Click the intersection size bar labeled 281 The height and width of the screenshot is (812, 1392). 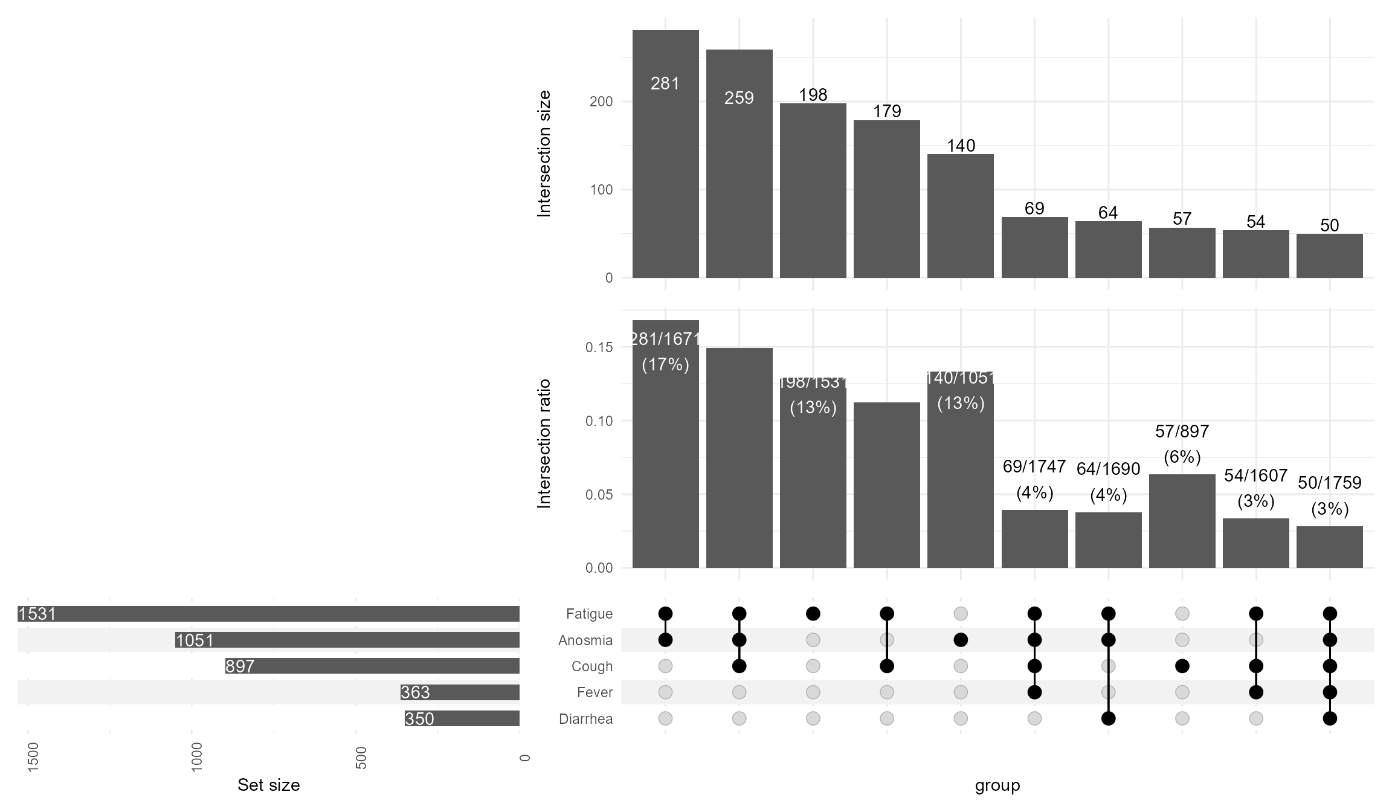[665, 154]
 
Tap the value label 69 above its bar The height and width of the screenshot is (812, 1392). [1034, 208]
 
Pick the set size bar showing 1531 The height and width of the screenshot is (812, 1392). [268, 614]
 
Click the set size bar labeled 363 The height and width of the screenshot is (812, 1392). [460, 692]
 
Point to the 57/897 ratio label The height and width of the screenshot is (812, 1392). [1182, 431]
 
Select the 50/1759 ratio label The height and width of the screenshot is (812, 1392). [1329, 483]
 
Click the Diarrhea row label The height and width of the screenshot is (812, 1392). [585, 719]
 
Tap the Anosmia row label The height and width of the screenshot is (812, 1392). [585, 640]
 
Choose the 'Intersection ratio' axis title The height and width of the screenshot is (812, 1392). [544, 443]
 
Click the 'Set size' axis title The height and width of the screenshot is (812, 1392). [268, 785]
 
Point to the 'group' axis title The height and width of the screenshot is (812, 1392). [997, 785]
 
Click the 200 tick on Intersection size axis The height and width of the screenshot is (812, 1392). [601, 101]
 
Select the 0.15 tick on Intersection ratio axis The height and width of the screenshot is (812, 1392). [598, 347]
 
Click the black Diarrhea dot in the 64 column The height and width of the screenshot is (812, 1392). [1108, 718]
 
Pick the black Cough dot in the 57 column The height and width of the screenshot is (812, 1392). [1182, 666]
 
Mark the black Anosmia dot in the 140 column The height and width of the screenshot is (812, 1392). [960, 640]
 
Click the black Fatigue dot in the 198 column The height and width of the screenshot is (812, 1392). [813, 614]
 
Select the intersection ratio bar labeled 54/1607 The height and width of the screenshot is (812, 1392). [1255, 543]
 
